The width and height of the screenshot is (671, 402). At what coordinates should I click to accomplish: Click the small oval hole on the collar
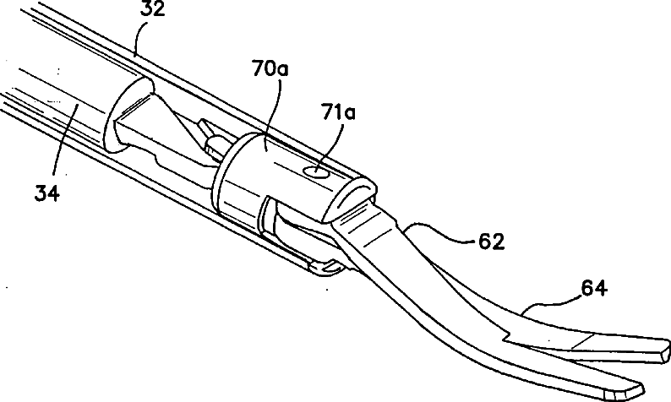[314, 172]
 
